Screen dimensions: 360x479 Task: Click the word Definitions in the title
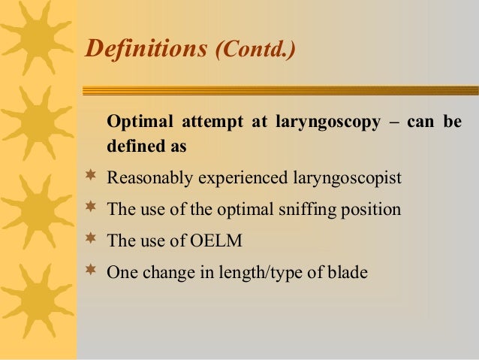point(147,49)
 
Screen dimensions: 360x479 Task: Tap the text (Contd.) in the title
point(255,50)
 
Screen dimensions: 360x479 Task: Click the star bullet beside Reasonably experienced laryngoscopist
point(91,178)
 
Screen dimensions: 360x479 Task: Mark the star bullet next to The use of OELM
point(91,240)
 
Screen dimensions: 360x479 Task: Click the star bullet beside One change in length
point(91,271)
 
